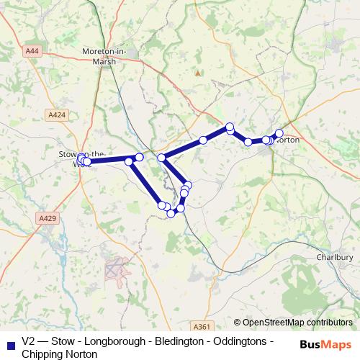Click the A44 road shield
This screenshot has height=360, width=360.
(x=32, y=51)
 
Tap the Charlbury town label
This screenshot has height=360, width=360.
(x=335, y=257)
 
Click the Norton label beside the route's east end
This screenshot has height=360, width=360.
(x=287, y=140)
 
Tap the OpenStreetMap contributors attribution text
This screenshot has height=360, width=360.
(x=293, y=323)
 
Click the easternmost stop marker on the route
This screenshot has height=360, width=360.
(x=279, y=133)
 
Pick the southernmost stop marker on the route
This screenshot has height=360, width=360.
(x=171, y=213)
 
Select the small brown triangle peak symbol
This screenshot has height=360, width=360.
(x=197, y=73)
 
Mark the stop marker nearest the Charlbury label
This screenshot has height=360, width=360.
(x=279, y=133)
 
